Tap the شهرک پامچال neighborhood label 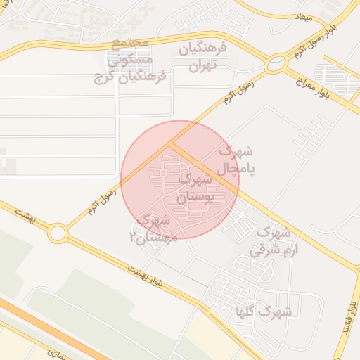pos(236,160)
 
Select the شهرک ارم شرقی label pos(269,240)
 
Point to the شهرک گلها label pos(274,310)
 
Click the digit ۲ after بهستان pos(131,238)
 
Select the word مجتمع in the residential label pos(131,43)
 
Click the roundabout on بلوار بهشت pos(58,232)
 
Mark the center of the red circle pos(180,180)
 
